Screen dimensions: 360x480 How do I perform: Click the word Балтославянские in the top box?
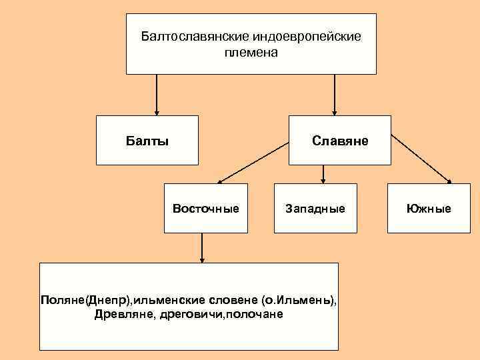(x=187, y=36)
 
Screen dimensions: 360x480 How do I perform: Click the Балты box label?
(x=147, y=141)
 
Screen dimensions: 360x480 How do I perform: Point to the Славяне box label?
(x=339, y=141)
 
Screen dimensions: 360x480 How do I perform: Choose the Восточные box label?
(x=205, y=209)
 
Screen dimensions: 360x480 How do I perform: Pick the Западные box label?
(x=315, y=209)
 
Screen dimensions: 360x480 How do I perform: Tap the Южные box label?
(x=429, y=209)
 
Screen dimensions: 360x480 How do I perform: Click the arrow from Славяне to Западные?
(x=323, y=173)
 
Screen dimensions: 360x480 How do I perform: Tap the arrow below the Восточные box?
(x=202, y=247)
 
